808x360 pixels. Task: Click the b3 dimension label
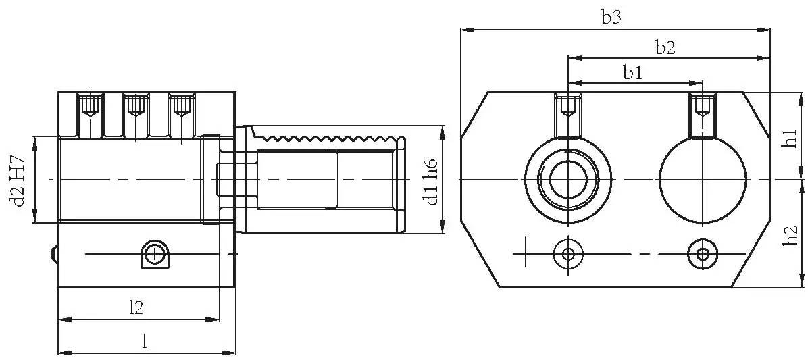click(611, 18)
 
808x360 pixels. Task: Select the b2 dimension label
click(665, 47)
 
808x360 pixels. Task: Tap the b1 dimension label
click(632, 73)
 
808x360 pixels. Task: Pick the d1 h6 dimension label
click(430, 180)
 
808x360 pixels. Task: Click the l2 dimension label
click(136, 307)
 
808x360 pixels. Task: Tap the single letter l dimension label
click(144, 341)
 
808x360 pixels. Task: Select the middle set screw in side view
click(136, 106)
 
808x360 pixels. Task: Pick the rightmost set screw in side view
click(180, 106)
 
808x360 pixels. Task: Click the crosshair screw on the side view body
click(155, 254)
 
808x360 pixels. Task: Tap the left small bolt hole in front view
click(568, 254)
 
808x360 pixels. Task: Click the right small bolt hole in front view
click(703, 254)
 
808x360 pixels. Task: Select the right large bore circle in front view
click(703, 180)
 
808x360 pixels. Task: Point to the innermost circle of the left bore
click(568, 180)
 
